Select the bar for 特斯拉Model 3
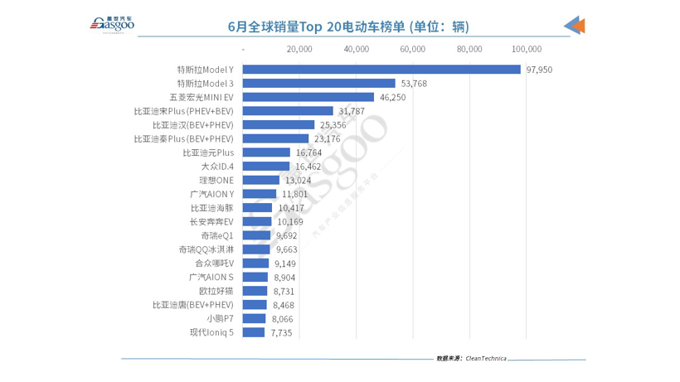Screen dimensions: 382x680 (x=318, y=84)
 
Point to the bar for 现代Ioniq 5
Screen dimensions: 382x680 (x=253, y=332)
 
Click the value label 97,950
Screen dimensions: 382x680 (x=539, y=70)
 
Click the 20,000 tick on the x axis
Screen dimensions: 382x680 (x=299, y=49)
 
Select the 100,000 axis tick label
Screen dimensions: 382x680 (x=527, y=49)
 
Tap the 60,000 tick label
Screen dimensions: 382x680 (x=413, y=49)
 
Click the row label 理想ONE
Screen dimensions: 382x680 (x=216, y=181)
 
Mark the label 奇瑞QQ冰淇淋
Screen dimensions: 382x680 (x=206, y=249)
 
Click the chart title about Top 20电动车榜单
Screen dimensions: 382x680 (x=348, y=27)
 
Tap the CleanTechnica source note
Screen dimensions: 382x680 (x=471, y=359)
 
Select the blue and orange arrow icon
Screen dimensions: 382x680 (x=575, y=26)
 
